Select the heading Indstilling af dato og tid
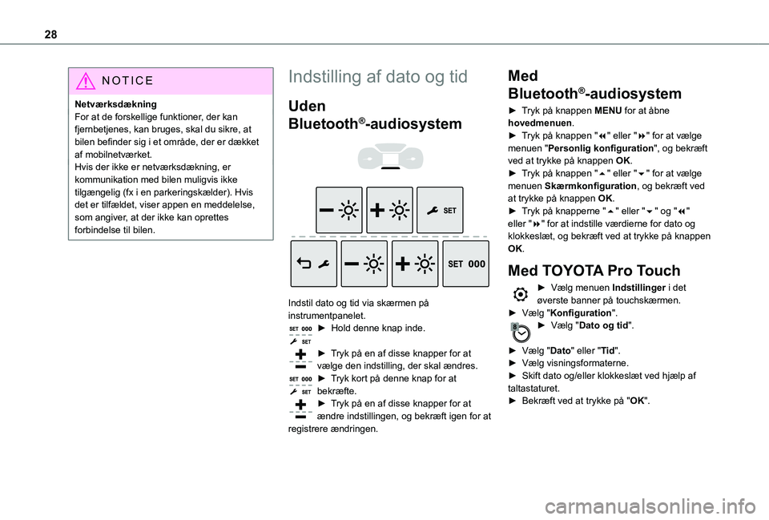377,77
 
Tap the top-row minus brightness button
339,210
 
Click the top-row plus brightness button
389,210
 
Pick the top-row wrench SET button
440,210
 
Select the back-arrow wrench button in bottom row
314,264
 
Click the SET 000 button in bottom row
465,264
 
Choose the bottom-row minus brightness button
364,264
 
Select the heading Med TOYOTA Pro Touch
594,270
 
